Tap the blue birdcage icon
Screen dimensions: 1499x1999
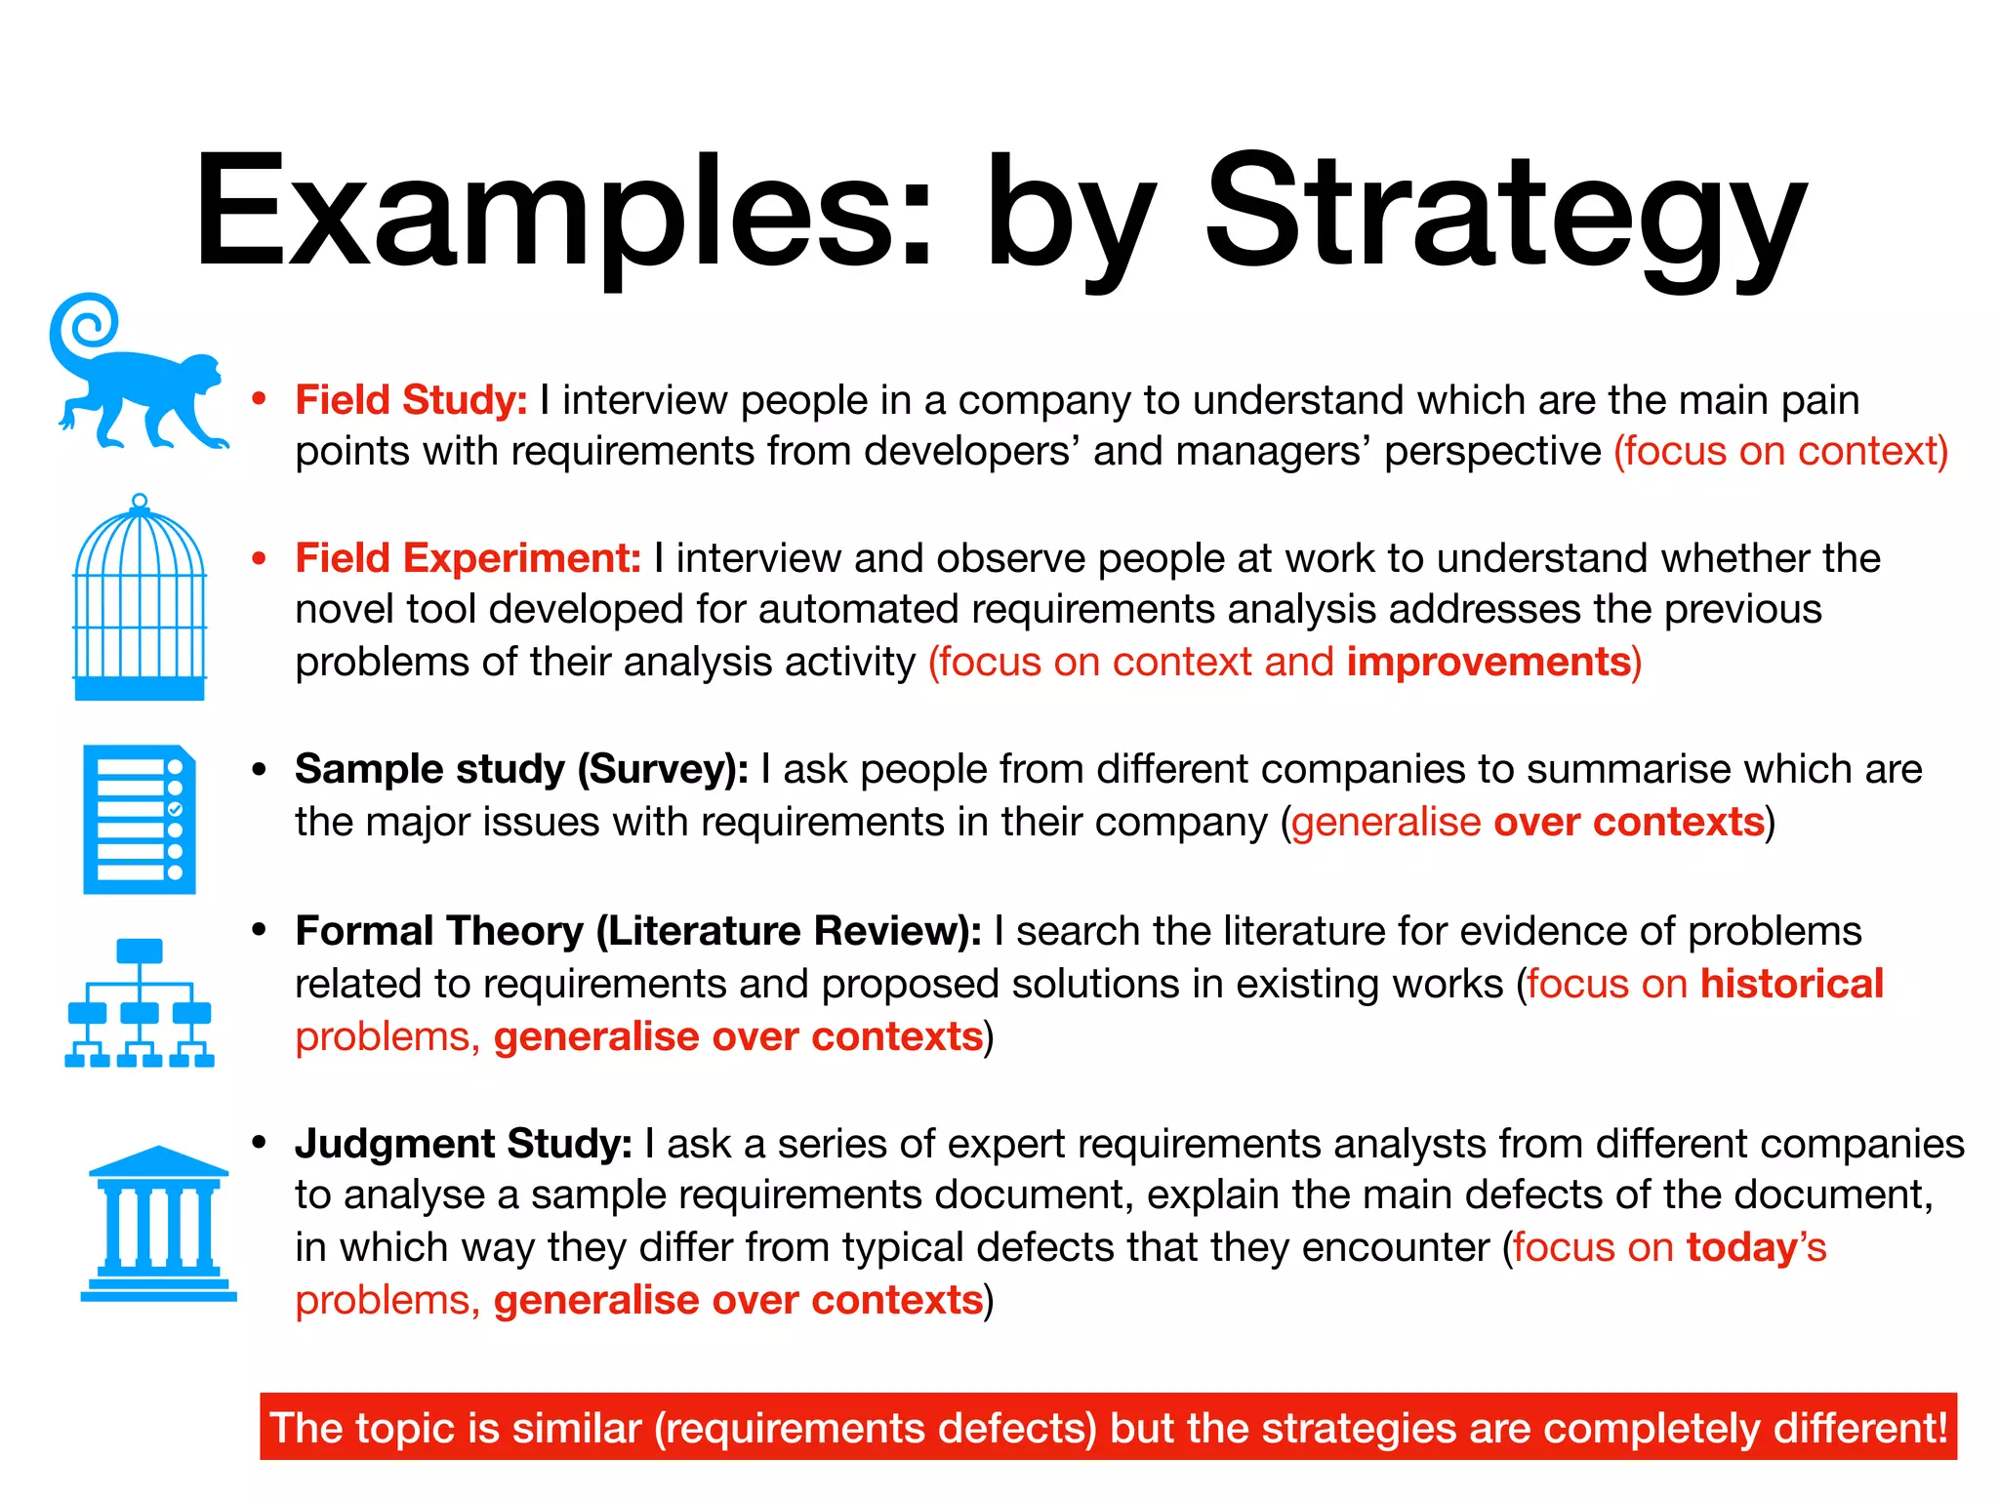pos(140,600)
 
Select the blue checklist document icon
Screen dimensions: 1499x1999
pos(140,820)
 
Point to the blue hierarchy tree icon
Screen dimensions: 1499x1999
pos(140,1002)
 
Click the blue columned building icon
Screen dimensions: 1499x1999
pos(158,1225)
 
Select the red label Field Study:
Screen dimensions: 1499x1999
pos(411,400)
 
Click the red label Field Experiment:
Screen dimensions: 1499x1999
pos(468,558)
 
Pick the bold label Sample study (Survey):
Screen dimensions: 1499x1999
pos(521,769)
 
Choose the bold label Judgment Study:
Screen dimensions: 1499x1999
pos(464,1144)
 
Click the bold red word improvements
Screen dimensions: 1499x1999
pos(1489,662)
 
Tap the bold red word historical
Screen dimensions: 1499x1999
pos(1791,984)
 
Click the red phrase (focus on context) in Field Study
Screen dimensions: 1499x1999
pos(1780,451)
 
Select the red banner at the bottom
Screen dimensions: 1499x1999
pos(1108,1427)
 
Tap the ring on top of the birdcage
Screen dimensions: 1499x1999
pos(140,502)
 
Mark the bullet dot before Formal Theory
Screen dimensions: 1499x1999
pos(259,930)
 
